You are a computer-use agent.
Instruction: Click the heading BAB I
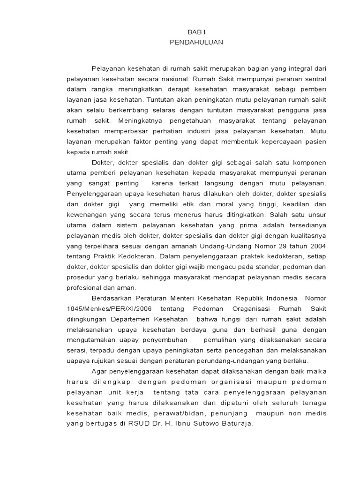[196, 31]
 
